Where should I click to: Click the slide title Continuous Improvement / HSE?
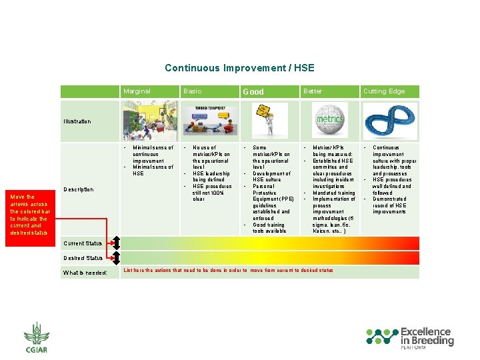[x=239, y=68]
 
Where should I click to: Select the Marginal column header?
[x=137, y=91]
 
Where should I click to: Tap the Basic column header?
[x=192, y=91]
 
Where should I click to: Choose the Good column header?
[x=253, y=91]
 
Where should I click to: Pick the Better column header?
[x=313, y=91]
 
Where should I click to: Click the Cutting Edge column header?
[x=383, y=91]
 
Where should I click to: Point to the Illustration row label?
[x=77, y=121]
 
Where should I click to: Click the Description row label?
[x=78, y=189]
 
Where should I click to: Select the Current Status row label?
[x=83, y=243]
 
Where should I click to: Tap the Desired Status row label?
[x=83, y=258]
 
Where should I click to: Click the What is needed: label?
[x=85, y=272]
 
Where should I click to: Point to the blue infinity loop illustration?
[x=390, y=121]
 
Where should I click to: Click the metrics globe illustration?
[x=330, y=121]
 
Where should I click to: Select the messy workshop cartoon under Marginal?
[x=149, y=121]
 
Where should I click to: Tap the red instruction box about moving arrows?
[x=29, y=215]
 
